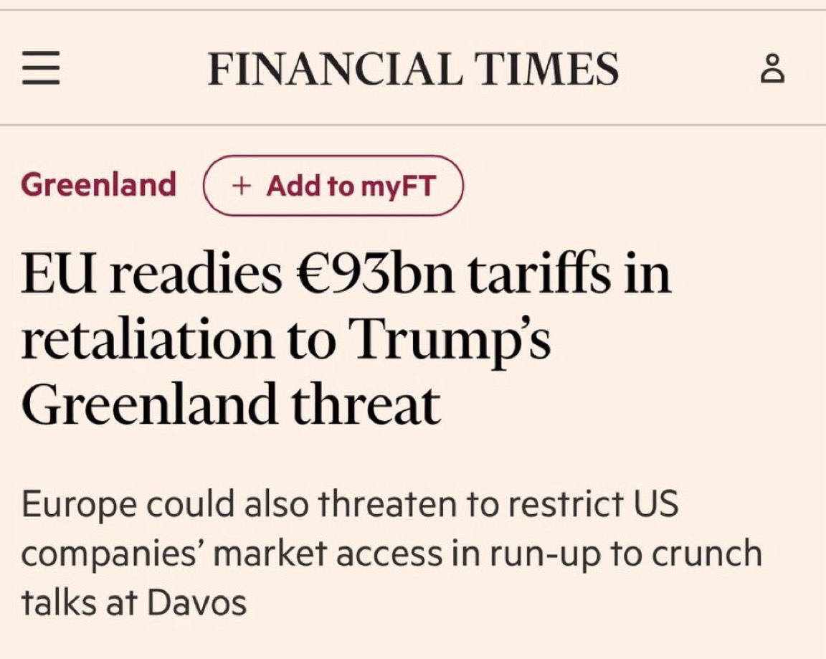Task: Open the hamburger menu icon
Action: pyautogui.click(x=41, y=70)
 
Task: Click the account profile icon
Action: pyautogui.click(x=773, y=70)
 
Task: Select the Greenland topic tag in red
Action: pyautogui.click(x=98, y=185)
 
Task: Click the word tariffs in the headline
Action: pyautogui.click(x=536, y=275)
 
